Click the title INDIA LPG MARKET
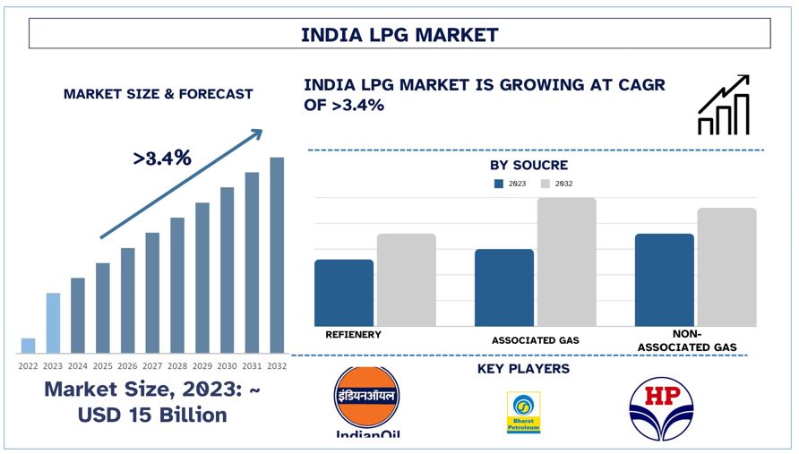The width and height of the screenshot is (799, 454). pos(399,35)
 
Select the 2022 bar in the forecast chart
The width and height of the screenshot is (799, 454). pos(28,346)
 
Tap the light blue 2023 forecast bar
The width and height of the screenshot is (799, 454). pos(53,322)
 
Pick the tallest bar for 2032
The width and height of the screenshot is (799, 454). pos(277,255)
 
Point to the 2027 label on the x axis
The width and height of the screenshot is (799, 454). pos(152,365)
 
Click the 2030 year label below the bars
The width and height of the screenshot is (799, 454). pos(228,365)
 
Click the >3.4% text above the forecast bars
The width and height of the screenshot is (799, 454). pos(162,158)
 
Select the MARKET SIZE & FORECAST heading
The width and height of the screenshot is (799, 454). pos(158,93)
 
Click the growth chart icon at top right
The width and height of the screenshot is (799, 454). pos(723,106)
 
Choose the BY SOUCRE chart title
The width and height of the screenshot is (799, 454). pos(528,166)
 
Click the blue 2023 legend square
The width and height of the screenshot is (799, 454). pos(499,184)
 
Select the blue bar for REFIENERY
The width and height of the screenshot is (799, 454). pos(344,293)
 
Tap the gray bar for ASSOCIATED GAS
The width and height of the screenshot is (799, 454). pos(566,261)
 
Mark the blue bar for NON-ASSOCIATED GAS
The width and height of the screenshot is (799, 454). pos(664,279)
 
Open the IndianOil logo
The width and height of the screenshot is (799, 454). pos(366,402)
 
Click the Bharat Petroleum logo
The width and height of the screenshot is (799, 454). pos(523,413)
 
